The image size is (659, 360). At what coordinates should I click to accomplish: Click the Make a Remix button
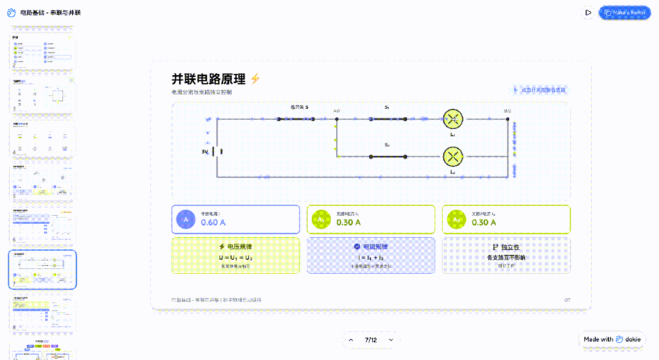coord(625,12)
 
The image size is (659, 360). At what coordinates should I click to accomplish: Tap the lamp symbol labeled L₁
coord(453,119)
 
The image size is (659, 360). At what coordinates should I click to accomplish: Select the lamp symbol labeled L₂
coord(453,156)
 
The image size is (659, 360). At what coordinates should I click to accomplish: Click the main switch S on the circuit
coord(296,119)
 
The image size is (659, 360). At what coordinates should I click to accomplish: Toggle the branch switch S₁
coord(388,119)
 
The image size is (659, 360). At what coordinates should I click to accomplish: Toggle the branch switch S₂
coord(388,156)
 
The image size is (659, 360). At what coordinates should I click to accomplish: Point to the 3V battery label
coord(205,152)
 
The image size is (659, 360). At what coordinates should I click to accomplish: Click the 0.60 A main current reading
coord(213,222)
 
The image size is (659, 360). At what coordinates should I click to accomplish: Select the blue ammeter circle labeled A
coord(186,219)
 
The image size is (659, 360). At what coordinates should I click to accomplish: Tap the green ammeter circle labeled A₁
coord(321,219)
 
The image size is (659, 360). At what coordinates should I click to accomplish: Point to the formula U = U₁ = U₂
coord(235,258)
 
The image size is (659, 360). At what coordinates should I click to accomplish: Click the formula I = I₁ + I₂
coord(371,258)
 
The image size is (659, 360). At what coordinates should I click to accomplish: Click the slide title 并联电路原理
coord(208,79)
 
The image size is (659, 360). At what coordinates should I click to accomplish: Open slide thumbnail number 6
coord(42,226)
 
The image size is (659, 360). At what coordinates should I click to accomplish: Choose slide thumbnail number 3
coord(42,95)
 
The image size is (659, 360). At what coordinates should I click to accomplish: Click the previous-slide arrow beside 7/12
coord(351,340)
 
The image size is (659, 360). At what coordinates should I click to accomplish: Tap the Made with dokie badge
coord(612,339)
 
